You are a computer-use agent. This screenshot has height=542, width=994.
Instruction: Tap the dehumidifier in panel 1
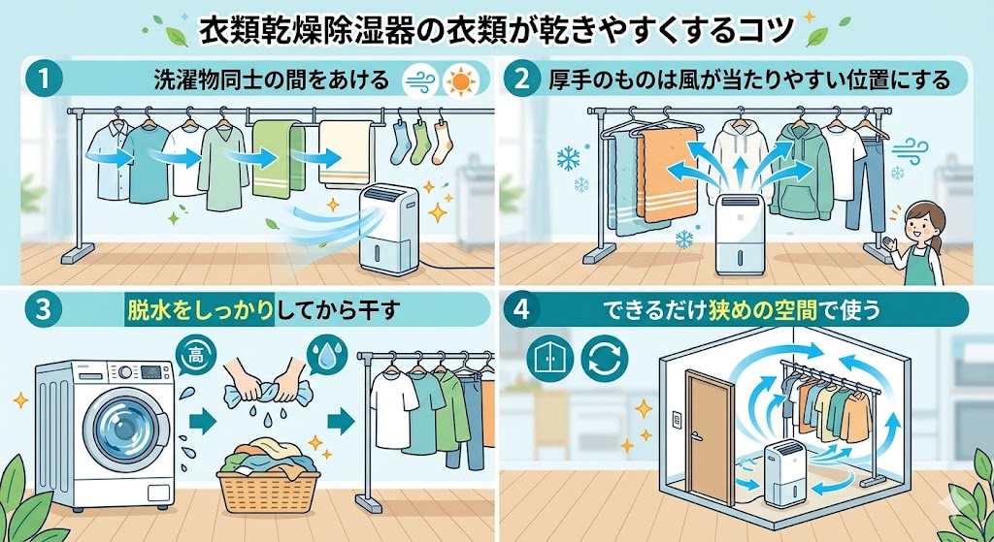coord(388,228)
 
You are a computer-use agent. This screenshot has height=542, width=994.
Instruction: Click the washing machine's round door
coord(123,426)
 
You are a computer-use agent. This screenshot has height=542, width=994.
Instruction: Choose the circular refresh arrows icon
coord(605,358)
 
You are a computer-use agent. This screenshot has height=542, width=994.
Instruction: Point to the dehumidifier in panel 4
coord(785,471)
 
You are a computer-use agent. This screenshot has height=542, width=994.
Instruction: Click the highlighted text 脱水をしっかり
coord(200,309)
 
